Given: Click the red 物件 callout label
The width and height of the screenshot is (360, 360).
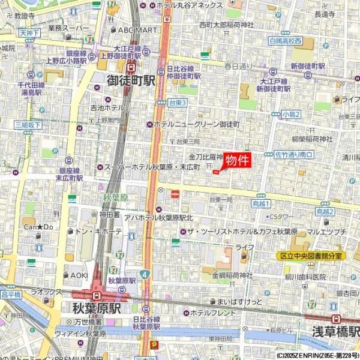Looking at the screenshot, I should [237, 161].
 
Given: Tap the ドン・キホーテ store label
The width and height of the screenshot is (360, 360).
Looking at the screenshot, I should [99, 231].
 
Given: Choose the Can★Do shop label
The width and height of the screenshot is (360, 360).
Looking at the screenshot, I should [38, 227].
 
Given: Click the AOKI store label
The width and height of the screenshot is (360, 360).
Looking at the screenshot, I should [79, 275].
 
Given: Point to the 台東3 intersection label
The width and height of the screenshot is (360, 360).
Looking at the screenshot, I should [177, 103].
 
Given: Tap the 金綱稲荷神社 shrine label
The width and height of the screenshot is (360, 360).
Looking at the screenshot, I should [233, 275].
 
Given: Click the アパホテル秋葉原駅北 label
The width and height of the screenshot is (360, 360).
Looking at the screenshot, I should [158, 217].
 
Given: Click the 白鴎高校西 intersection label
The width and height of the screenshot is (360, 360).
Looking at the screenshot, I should [286, 41].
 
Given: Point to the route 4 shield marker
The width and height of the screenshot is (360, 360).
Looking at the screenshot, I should [145, 274].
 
